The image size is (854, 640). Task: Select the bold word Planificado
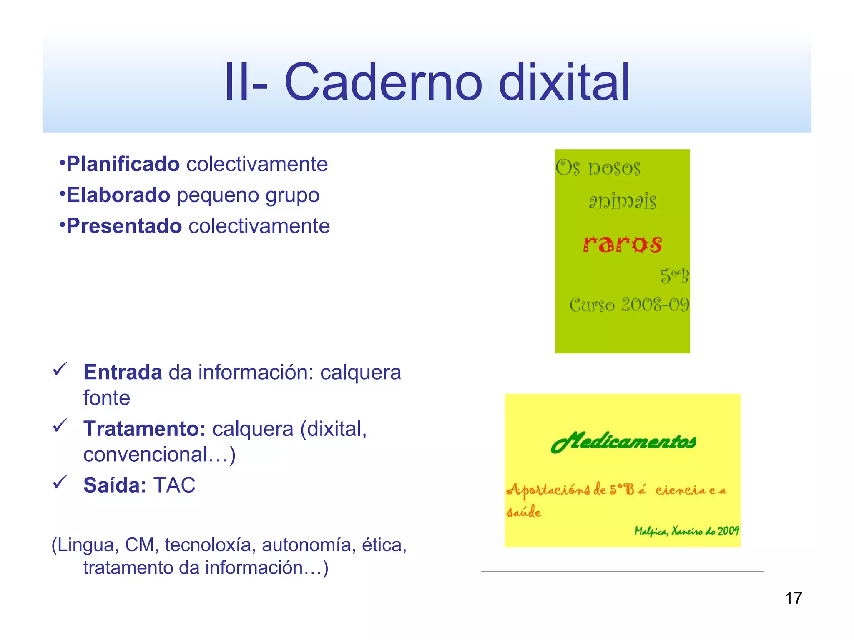(x=123, y=164)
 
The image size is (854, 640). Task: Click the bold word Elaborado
(x=118, y=195)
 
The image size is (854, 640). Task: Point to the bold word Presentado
(x=124, y=226)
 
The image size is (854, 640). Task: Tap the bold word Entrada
(x=123, y=372)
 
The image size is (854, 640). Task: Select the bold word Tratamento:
(x=145, y=429)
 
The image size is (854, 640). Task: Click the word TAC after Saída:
(x=174, y=485)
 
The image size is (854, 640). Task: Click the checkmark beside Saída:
(x=60, y=482)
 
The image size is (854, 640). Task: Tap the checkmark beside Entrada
(x=60, y=369)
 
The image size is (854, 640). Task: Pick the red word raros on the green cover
(x=622, y=244)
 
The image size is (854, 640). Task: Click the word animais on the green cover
(x=622, y=201)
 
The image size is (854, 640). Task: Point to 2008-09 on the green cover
(x=655, y=305)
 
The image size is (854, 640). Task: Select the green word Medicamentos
(x=623, y=442)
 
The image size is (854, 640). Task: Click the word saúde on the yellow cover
(x=524, y=512)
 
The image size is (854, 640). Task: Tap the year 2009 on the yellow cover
(x=728, y=531)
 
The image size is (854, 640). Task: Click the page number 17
(x=794, y=598)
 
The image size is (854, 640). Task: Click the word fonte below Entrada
(x=107, y=398)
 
